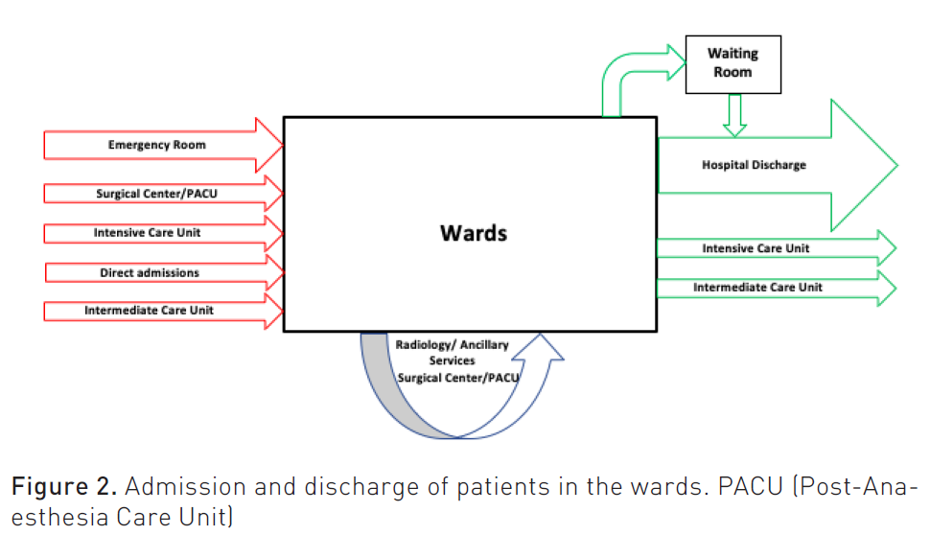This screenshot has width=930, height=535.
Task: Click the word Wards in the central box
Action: coord(473,233)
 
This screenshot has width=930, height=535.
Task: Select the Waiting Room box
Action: coord(733,64)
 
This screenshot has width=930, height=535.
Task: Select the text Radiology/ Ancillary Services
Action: coord(453,353)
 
